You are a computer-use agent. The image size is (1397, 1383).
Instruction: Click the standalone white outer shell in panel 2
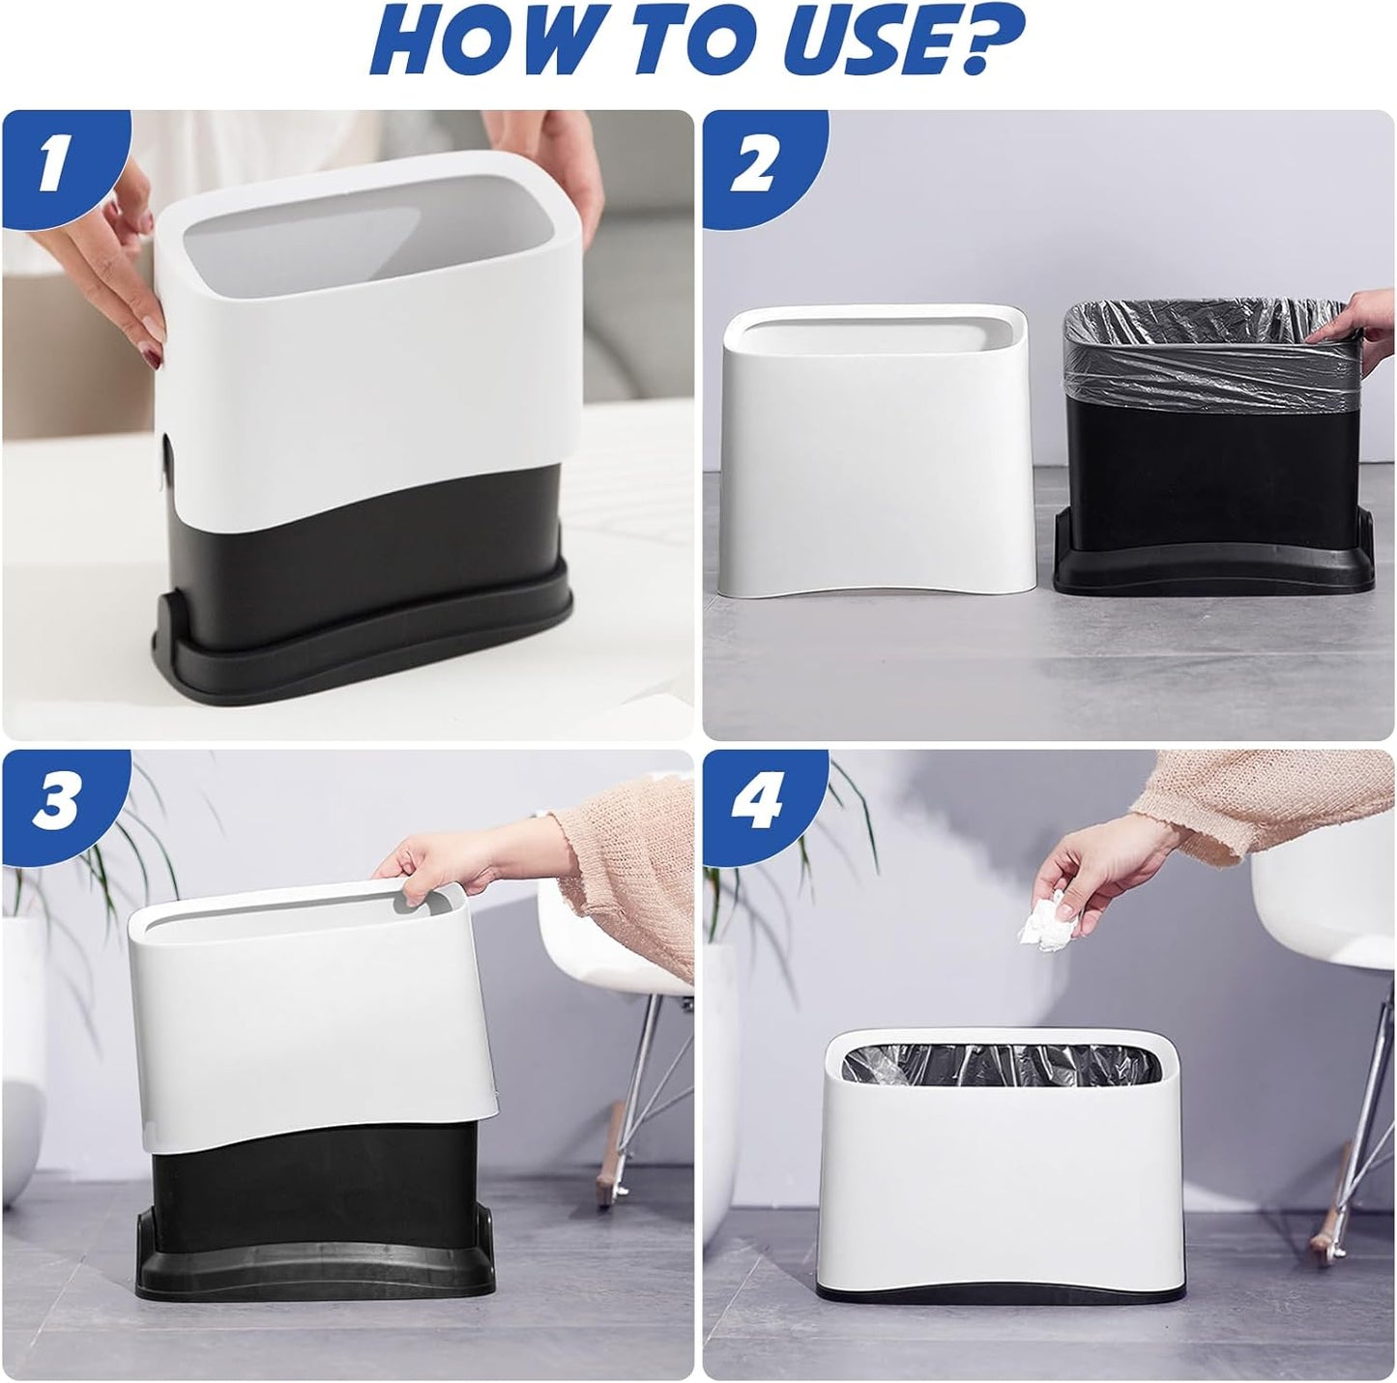[874, 450]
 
